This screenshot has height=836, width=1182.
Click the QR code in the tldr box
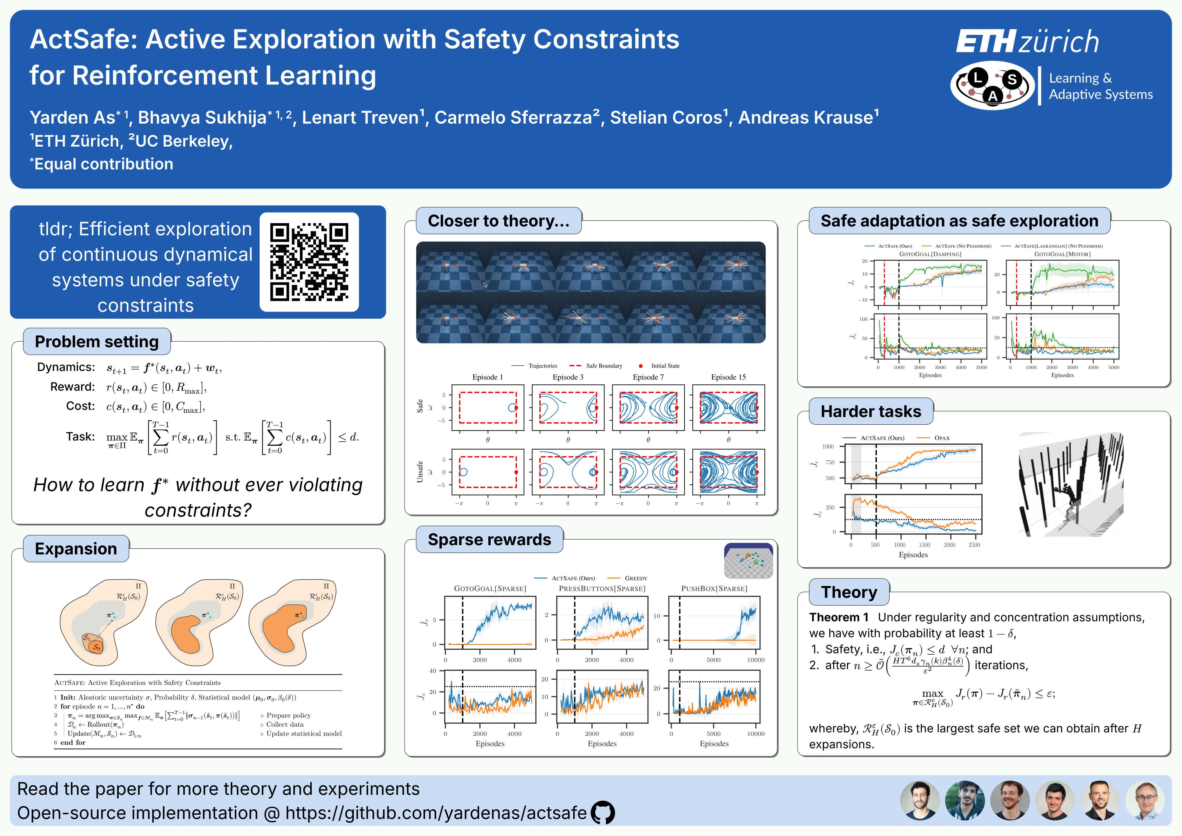[309, 262]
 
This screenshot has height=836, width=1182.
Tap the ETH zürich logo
[1027, 41]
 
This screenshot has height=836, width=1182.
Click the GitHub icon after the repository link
[602, 813]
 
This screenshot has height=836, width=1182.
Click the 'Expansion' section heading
[76, 549]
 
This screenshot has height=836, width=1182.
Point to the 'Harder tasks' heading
[870, 411]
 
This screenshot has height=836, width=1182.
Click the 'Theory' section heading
[849, 592]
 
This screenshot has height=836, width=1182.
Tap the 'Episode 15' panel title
[728, 377]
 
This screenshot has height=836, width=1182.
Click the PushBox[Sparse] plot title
[714, 588]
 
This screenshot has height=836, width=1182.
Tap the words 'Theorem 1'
[839, 617]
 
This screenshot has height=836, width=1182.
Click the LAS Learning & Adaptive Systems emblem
[992, 85]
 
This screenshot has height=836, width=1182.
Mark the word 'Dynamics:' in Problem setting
[66, 367]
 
